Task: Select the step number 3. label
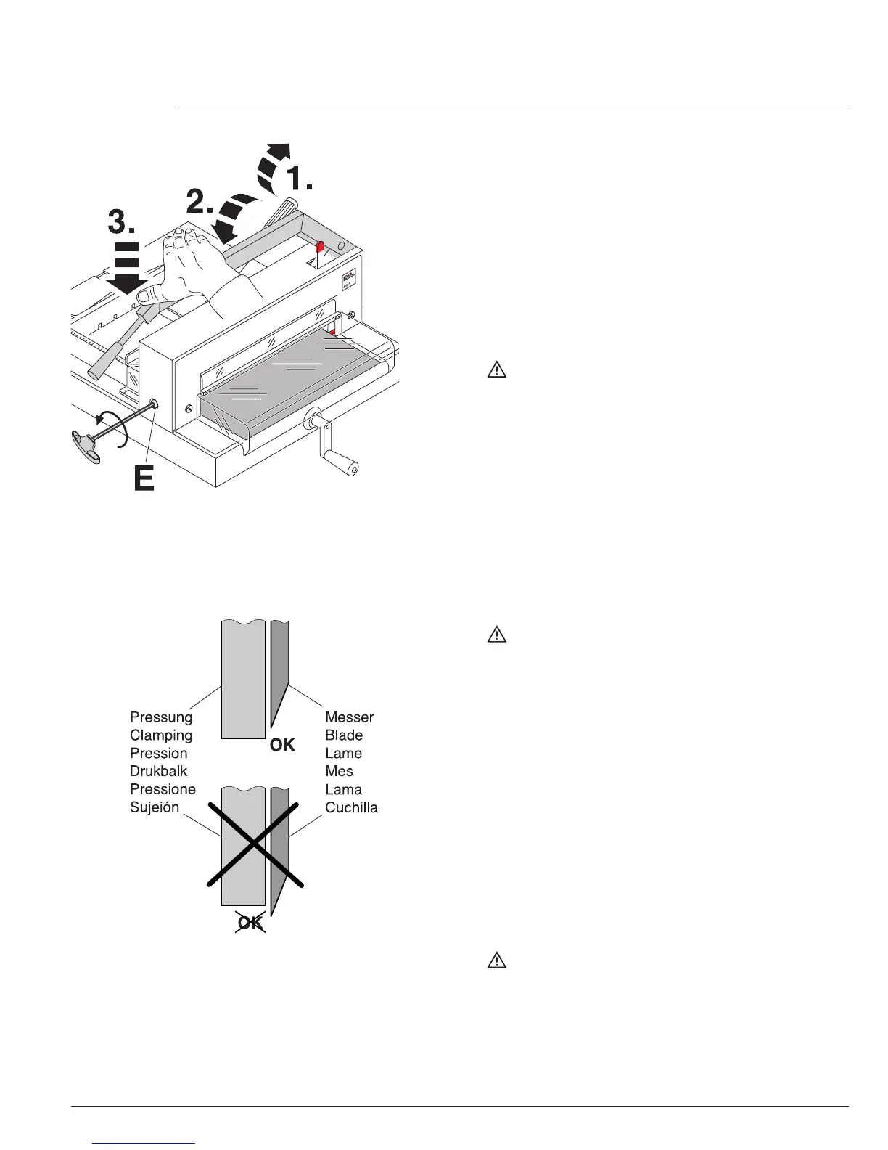[x=122, y=221]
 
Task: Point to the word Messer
[x=349, y=717]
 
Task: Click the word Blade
[x=344, y=735]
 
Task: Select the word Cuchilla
[x=351, y=808]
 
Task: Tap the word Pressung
[x=161, y=717]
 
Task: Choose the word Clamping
[x=161, y=735]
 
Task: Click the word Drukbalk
[x=158, y=772]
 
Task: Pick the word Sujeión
[x=155, y=808]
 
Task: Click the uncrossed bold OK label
[x=282, y=745]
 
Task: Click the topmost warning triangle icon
[x=496, y=370]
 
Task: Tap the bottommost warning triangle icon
[x=496, y=961]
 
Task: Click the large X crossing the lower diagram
[x=254, y=844]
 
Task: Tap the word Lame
[x=343, y=754]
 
